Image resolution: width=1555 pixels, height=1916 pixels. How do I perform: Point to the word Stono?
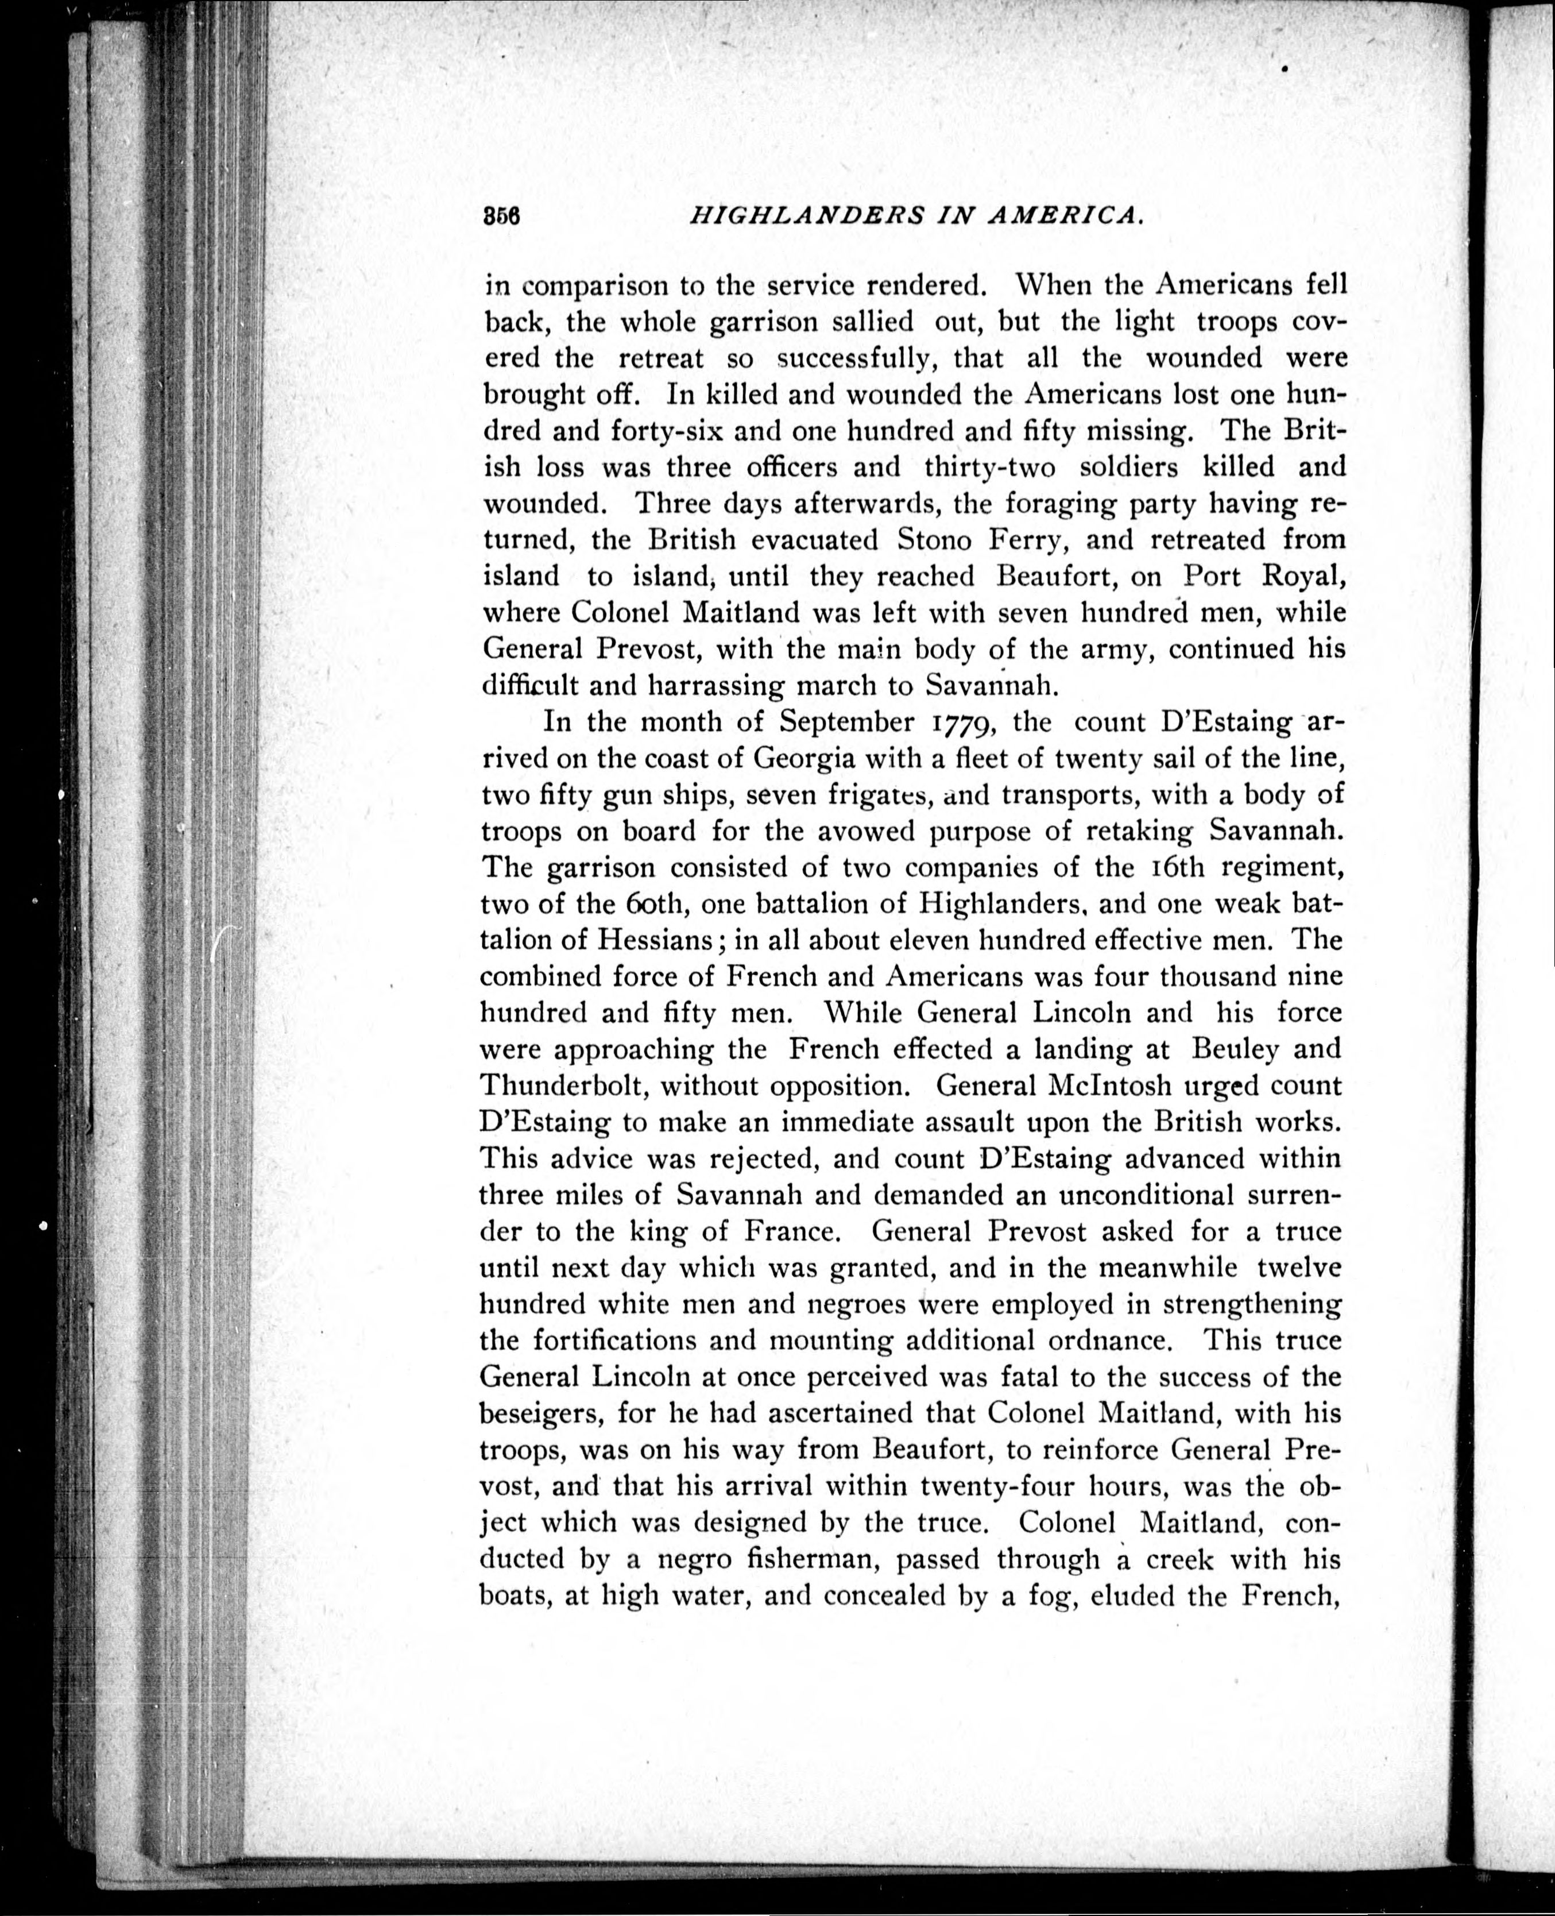931,540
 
